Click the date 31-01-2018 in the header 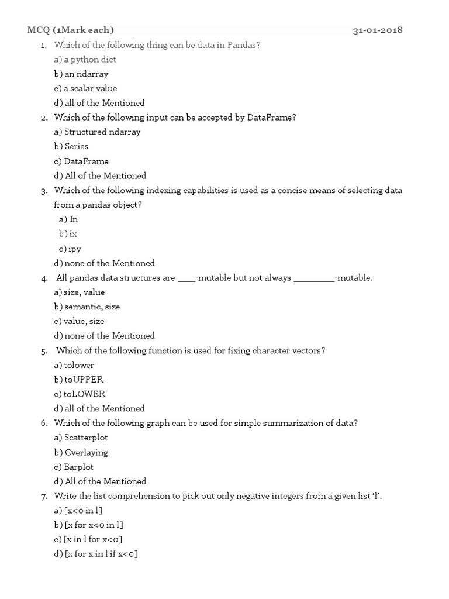tap(377, 30)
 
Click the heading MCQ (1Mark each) tap(71, 30)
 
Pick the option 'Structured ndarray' tap(97, 132)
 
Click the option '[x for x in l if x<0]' tap(96, 554)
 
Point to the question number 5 tap(44, 352)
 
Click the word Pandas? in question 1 tap(248, 45)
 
